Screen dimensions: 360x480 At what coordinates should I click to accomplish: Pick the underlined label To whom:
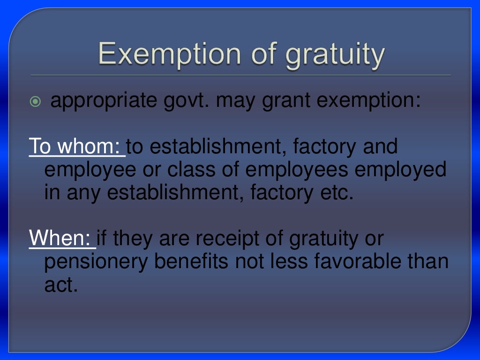click(76, 147)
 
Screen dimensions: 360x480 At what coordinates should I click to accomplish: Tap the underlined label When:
click(61, 239)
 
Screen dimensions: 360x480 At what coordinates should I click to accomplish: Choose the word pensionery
click(96, 262)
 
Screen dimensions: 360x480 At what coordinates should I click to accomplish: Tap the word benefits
click(192, 262)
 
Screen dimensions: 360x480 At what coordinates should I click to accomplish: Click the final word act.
click(60, 285)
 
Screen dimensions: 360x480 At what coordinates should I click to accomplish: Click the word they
click(133, 239)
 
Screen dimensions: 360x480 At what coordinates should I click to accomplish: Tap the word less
click(281, 262)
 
